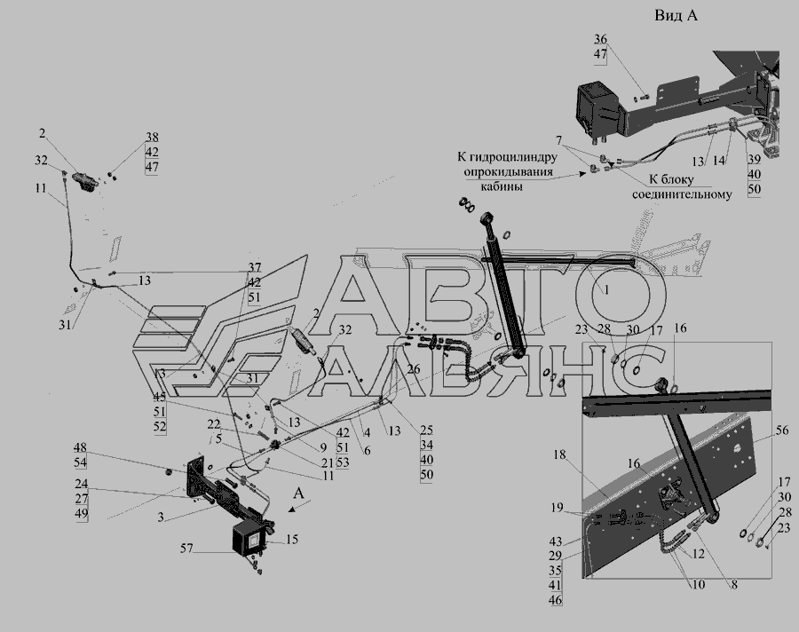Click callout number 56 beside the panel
click(x=781, y=431)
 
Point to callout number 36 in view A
click(x=601, y=39)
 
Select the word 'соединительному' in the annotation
click(x=682, y=194)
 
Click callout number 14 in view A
click(x=717, y=162)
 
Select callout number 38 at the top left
click(x=152, y=138)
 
